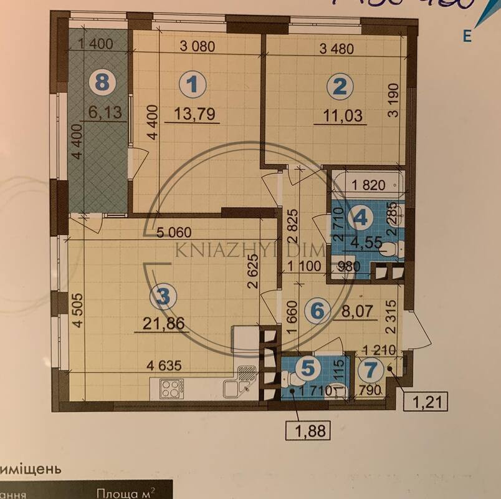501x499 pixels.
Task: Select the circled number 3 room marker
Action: click(x=163, y=298)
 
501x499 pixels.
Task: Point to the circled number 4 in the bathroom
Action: click(x=364, y=218)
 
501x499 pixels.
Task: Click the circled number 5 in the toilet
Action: click(x=308, y=368)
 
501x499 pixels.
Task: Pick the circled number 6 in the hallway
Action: click(x=317, y=309)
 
